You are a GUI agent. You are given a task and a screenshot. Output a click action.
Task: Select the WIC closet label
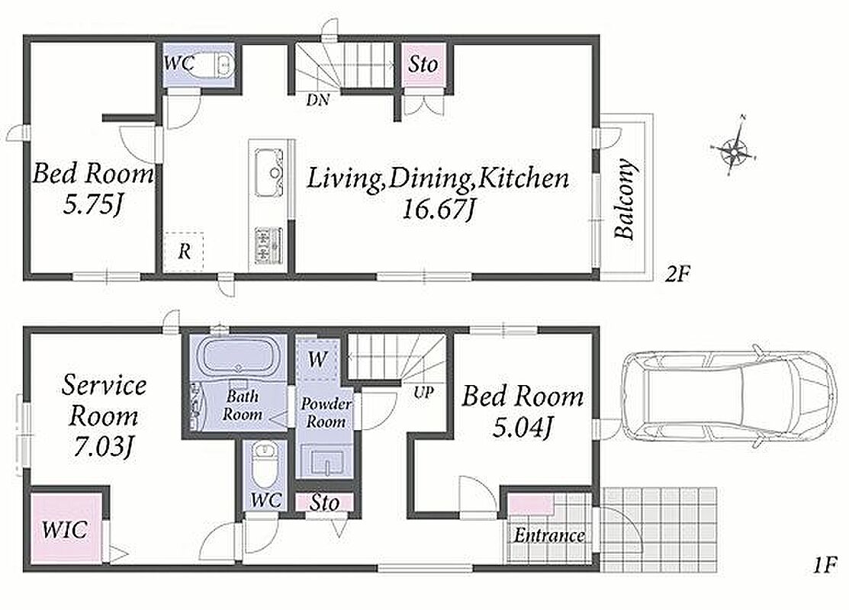(x=64, y=529)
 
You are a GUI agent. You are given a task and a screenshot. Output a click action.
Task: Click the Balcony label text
(x=625, y=199)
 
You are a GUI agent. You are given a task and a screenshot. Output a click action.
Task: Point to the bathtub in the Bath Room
(x=237, y=355)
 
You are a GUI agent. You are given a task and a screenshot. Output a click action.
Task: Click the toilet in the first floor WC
(x=265, y=464)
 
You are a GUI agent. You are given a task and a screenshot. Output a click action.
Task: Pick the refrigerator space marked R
(x=184, y=251)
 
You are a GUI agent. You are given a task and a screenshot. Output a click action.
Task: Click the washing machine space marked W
(x=318, y=358)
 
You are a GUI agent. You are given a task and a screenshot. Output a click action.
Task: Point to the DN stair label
(x=317, y=100)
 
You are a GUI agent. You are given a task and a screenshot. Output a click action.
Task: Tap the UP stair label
(x=423, y=392)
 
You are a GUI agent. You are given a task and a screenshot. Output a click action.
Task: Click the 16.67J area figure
(x=438, y=208)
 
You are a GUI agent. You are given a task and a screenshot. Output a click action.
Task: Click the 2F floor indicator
(x=677, y=274)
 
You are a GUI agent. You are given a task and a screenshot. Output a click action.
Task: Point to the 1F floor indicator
(x=825, y=567)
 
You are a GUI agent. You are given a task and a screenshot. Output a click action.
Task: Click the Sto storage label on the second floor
(x=423, y=64)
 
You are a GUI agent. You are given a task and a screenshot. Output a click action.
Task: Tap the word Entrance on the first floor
(x=548, y=536)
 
